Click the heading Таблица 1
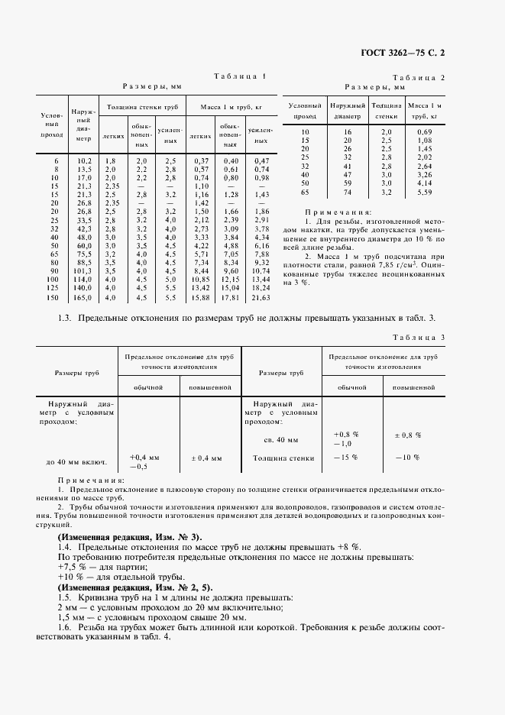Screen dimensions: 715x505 (x=240, y=76)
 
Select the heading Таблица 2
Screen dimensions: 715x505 (x=419, y=78)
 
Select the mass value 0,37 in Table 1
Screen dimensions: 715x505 (x=202, y=160)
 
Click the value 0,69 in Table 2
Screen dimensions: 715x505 (x=425, y=132)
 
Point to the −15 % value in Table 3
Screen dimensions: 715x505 (x=346, y=458)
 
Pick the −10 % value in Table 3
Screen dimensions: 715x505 (x=408, y=458)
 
